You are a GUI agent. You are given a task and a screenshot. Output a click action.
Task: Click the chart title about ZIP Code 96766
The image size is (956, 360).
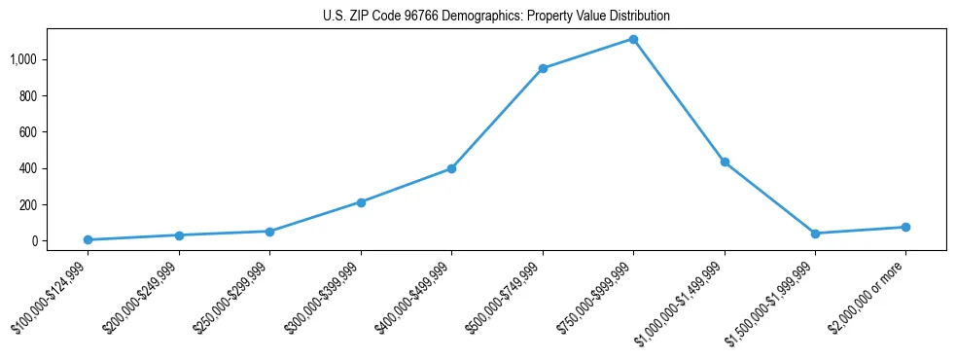coord(496,17)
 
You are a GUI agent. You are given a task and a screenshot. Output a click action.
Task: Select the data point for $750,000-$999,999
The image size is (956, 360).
coord(633,39)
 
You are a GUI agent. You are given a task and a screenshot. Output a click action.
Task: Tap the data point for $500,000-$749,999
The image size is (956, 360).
coord(543,68)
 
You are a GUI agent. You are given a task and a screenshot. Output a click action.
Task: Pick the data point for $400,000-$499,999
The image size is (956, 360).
coord(451,168)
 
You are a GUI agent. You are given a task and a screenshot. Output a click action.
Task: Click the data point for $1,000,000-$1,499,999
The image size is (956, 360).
coord(725,162)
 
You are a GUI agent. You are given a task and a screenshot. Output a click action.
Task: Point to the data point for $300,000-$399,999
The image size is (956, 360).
coord(361,202)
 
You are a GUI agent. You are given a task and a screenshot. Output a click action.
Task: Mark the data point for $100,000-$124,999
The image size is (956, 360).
coord(88,239)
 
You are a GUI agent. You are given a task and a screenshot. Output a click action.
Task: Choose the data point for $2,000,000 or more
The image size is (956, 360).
coord(905,227)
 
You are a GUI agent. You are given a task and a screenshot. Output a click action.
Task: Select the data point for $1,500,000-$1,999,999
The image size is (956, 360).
coord(815,234)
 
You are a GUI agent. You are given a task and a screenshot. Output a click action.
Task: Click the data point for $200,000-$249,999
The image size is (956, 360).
coord(179,234)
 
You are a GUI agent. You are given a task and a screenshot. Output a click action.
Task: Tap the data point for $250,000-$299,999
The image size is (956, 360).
coord(269,232)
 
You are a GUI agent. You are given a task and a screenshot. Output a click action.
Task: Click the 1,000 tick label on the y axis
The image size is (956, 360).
coord(23,59)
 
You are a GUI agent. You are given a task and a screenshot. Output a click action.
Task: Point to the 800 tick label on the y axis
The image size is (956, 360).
coord(27,96)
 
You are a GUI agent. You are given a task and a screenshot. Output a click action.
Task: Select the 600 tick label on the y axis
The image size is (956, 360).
coord(27,132)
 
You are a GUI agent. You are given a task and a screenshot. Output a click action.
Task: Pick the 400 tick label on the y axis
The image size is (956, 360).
coord(27,168)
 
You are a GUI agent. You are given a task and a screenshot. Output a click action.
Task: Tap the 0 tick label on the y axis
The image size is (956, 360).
coord(33,241)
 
